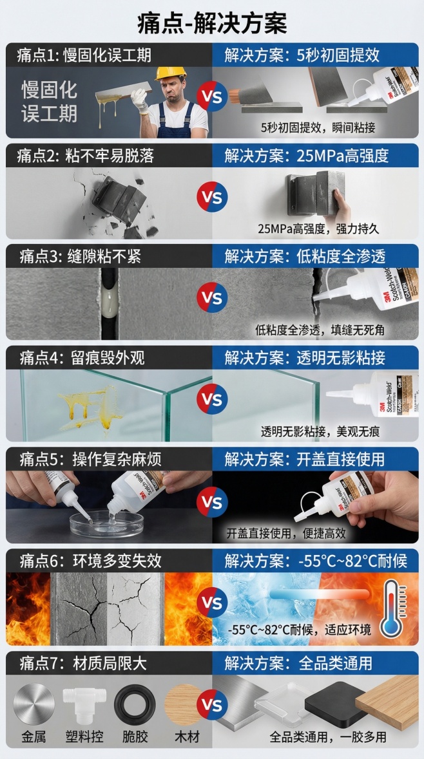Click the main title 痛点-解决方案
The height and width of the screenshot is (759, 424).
coord(212,23)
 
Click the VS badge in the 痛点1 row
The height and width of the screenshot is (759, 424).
coord(212,97)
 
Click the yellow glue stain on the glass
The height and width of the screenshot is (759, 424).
coord(93,404)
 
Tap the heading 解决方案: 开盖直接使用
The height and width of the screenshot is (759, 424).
coord(304,459)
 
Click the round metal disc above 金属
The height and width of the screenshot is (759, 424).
coord(34,702)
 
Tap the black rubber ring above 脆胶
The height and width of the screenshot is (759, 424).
coord(135,704)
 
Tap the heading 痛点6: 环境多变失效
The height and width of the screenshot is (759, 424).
coord(90,560)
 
